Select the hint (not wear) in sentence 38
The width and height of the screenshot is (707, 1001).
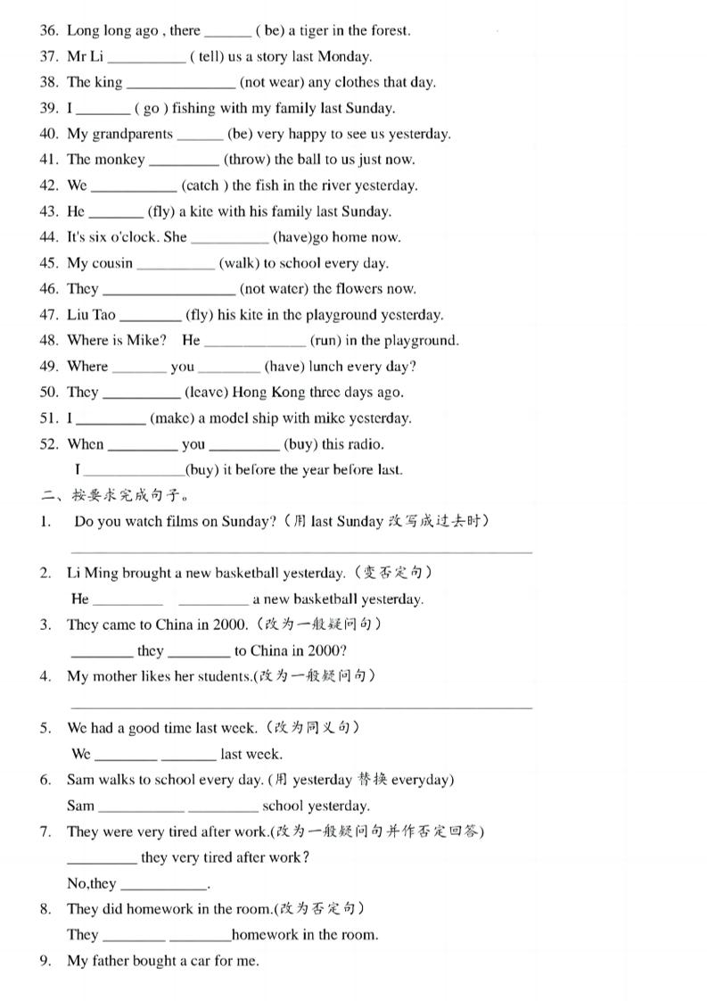[271, 82]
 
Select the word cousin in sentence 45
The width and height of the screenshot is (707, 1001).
[112, 263]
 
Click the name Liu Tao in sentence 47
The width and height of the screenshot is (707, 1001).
[91, 315]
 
